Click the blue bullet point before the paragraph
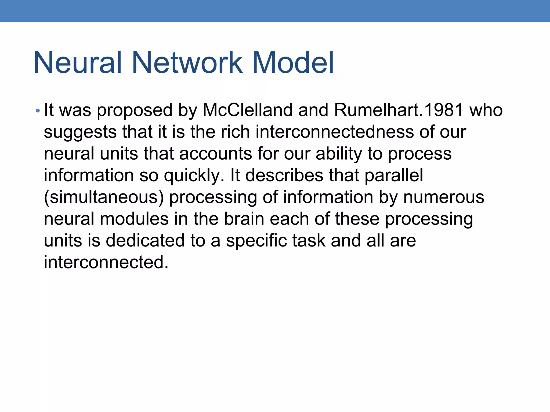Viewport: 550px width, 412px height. pos(38,111)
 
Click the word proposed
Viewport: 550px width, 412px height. pos(135,111)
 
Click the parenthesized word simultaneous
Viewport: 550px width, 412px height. pos(104,197)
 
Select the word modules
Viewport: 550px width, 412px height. pos(134,219)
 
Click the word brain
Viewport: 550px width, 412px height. pos(244,219)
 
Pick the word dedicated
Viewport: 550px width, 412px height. pos(145,241)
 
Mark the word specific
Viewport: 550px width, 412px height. pos(256,241)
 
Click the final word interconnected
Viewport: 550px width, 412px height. pos(106,262)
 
